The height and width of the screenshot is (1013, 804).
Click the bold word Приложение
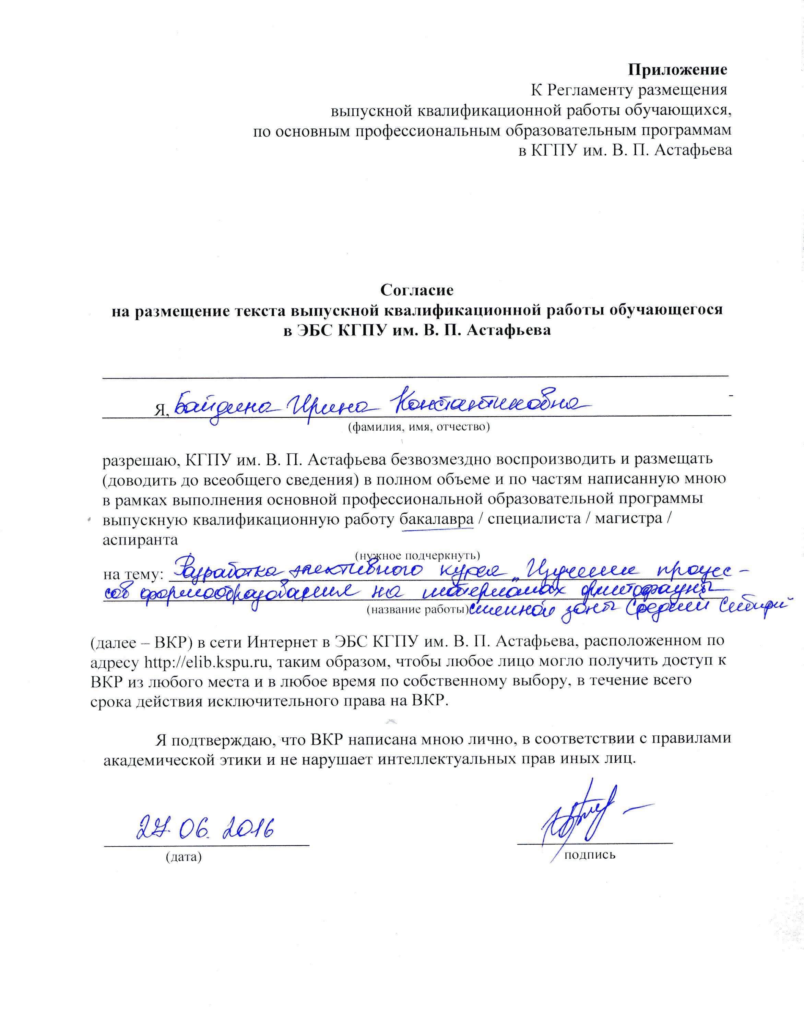click(x=677, y=70)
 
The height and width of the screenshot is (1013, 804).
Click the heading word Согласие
click(x=416, y=290)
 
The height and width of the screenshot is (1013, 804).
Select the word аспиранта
click(x=140, y=539)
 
